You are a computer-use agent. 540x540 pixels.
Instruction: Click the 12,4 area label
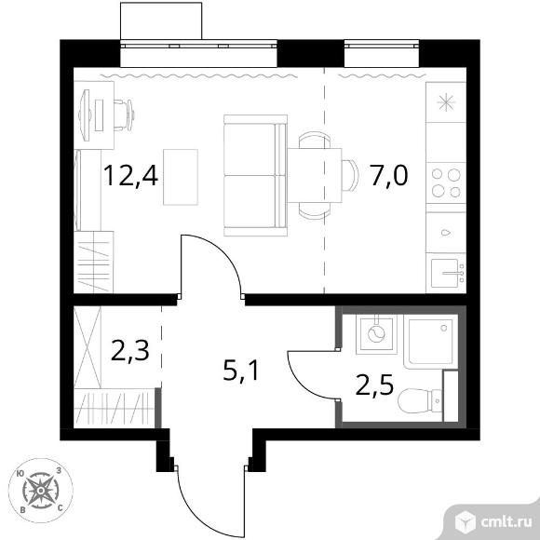click(130, 176)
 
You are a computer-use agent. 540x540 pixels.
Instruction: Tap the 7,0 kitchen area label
click(389, 176)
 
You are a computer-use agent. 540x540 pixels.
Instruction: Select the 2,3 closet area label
click(130, 351)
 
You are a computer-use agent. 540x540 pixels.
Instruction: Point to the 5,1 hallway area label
click(241, 371)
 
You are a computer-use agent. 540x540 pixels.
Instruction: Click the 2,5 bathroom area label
click(374, 385)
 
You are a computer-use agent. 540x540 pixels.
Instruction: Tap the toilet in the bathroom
click(420, 400)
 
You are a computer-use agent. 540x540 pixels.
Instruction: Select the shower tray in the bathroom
click(431, 342)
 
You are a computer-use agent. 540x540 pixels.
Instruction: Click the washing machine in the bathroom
click(376, 334)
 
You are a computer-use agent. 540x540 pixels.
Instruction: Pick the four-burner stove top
click(446, 182)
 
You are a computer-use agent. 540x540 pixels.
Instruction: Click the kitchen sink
click(446, 273)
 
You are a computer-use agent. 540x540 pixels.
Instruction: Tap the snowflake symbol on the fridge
click(446, 102)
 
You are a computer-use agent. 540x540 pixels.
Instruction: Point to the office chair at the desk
click(125, 115)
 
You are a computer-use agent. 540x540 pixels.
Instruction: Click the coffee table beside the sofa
click(181, 177)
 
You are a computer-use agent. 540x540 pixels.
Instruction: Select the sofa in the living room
click(255, 176)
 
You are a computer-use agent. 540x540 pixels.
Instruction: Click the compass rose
click(41, 491)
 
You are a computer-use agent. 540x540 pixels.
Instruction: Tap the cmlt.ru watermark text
click(506, 522)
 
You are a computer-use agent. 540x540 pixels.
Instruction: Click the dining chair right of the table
click(350, 176)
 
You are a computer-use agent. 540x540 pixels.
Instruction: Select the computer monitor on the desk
click(85, 115)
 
